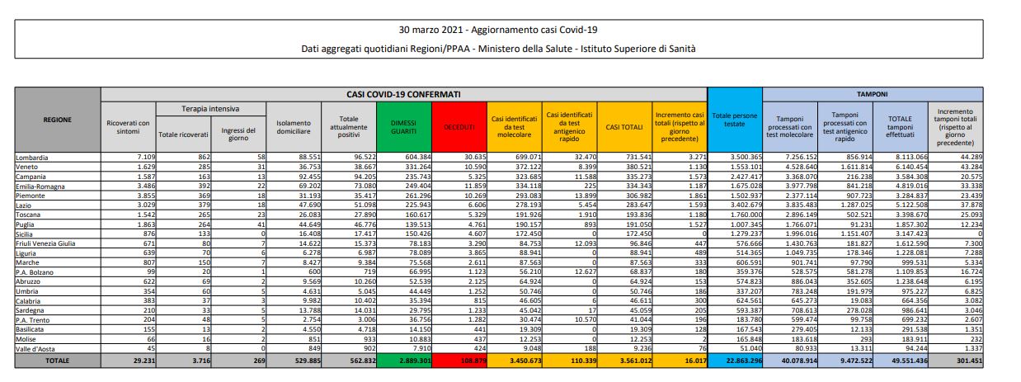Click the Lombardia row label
(x=32, y=156)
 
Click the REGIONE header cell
(x=57, y=120)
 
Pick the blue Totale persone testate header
(x=734, y=120)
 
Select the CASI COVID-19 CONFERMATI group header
(x=404, y=94)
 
